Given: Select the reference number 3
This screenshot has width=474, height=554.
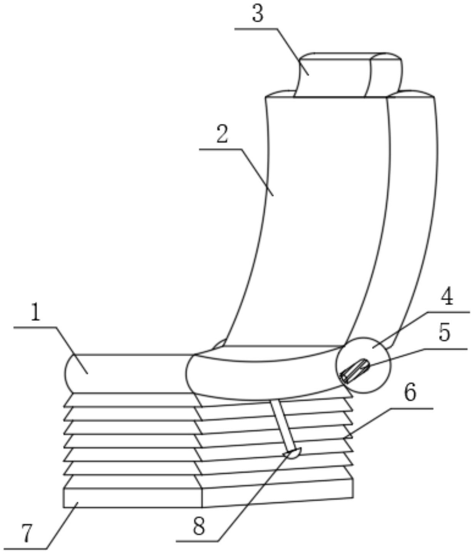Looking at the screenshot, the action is (x=257, y=14).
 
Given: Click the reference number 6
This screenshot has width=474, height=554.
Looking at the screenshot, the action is (x=409, y=393).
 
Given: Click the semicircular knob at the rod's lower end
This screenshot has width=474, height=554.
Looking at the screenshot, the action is (x=291, y=453).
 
